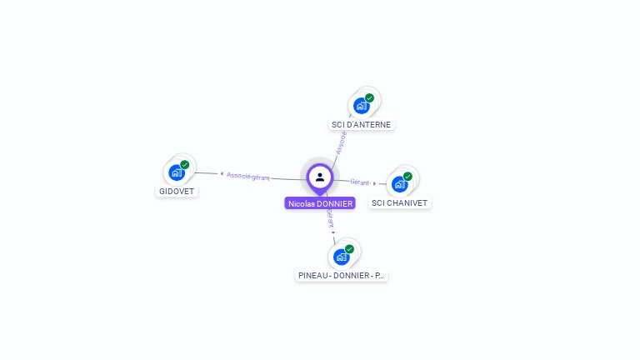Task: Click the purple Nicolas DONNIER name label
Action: (320, 203)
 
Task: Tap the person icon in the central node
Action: (320, 177)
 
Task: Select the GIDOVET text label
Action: (177, 191)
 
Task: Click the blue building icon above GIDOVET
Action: (176, 172)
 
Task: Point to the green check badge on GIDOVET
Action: (185, 164)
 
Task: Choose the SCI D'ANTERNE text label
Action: (361, 124)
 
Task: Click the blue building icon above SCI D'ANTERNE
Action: (361, 106)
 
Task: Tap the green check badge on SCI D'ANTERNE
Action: (370, 97)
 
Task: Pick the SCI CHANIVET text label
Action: (401, 202)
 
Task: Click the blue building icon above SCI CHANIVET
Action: (399, 184)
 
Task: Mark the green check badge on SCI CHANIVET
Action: (408, 176)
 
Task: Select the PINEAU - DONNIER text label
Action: (342, 275)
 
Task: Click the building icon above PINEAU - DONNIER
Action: (341, 257)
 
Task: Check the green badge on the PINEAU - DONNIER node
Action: (350, 248)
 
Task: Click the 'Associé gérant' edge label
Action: (248, 176)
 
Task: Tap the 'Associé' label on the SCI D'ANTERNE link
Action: (340, 142)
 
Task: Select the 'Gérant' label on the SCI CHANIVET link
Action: (359, 182)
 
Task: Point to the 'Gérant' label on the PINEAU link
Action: (329, 218)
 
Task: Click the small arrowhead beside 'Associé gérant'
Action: (222, 174)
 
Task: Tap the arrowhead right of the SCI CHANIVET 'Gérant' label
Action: (375, 183)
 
